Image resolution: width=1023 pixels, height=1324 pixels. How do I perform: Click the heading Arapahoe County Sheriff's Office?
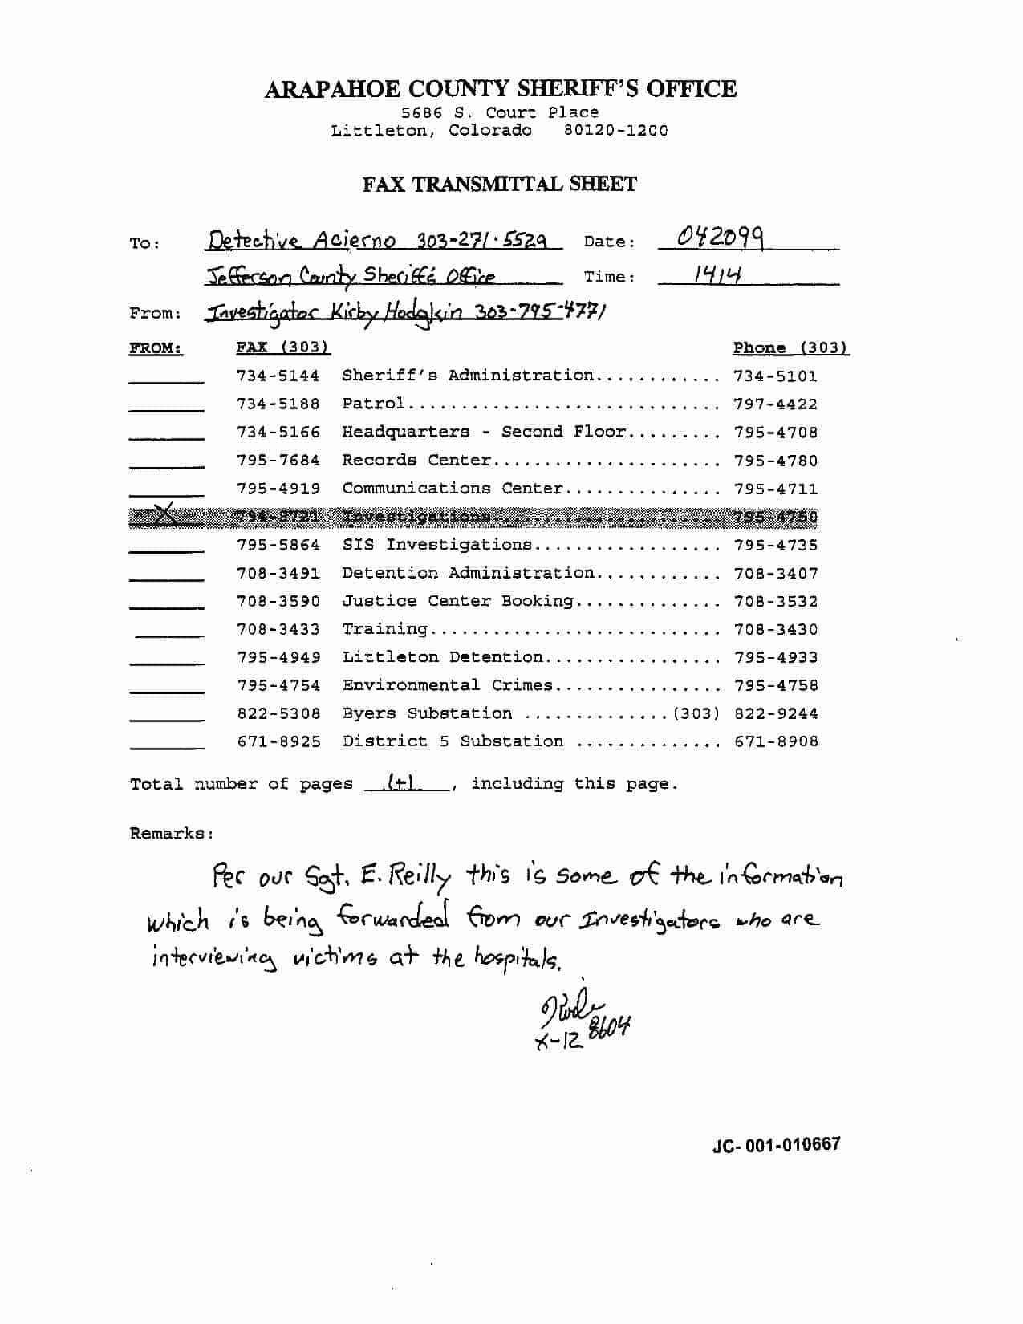point(500,89)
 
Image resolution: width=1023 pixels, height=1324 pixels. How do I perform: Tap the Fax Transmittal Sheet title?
point(499,185)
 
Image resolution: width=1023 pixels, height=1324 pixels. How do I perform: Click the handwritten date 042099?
point(720,238)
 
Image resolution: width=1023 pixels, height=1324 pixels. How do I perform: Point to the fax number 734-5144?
point(278,376)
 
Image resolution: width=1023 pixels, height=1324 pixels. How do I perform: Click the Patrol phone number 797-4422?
point(775,404)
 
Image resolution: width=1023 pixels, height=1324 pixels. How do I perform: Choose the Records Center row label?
point(416,461)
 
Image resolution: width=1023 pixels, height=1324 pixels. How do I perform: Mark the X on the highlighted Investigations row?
point(164,515)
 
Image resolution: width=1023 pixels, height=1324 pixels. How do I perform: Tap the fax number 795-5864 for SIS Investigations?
point(278,545)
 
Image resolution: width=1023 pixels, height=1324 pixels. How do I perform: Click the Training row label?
point(384,629)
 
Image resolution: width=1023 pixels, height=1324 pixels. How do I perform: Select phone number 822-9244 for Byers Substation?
point(776,713)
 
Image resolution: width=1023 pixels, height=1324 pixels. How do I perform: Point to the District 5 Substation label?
point(453,741)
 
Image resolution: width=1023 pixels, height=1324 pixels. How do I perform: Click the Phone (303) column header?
point(790,348)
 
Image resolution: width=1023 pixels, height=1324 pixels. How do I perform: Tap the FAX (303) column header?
point(282,347)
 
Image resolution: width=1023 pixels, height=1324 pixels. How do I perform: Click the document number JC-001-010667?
point(776,1144)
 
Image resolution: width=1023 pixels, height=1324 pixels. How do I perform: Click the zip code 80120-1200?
point(615,131)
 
